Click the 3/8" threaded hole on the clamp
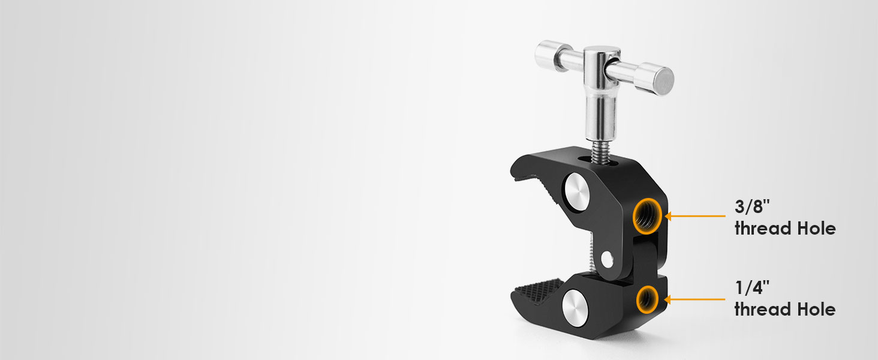(647, 216)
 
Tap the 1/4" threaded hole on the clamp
(647, 299)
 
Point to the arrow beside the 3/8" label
(695, 216)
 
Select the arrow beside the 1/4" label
(695, 299)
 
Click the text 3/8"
(752, 206)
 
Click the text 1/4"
(752, 287)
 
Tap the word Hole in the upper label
(816, 229)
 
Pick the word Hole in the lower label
(816, 310)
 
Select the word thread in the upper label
(763, 229)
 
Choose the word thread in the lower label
(763, 310)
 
